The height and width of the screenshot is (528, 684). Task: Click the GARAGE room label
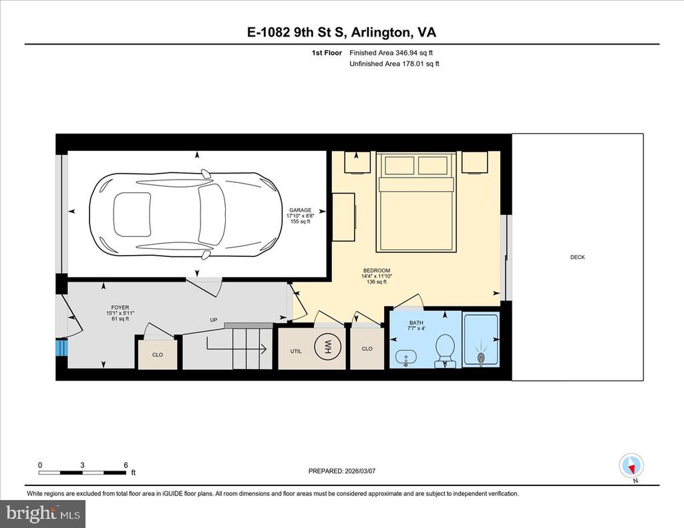[300, 210]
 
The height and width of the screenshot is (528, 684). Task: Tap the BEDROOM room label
[377, 270]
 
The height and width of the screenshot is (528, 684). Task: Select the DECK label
[577, 257]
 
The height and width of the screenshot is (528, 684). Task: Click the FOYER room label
[120, 307]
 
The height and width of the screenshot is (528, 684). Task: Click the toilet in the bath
[445, 351]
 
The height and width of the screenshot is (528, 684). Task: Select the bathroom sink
[405, 358]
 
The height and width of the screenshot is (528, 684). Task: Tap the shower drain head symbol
[481, 355]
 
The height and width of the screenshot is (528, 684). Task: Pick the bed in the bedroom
[416, 202]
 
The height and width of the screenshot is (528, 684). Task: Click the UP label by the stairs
[213, 320]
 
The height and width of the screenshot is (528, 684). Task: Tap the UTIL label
[296, 351]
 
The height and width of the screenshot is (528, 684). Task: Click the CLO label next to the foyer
[158, 355]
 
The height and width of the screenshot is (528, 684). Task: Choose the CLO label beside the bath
[367, 349]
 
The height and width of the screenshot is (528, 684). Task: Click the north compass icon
[631, 466]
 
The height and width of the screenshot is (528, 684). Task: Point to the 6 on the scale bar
[126, 465]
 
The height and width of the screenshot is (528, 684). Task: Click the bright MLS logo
[43, 513]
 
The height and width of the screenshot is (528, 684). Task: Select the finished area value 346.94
[407, 53]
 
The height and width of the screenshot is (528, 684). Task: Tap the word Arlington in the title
[381, 33]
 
